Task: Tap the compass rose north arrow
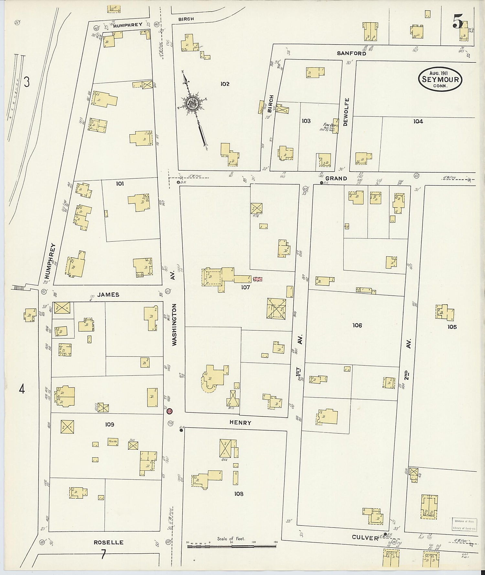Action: [x=192, y=104]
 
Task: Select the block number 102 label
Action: [x=225, y=84]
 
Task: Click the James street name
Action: [x=109, y=295]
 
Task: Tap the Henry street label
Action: [x=240, y=422]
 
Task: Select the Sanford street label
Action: [x=351, y=53]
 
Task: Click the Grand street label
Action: [x=336, y=178]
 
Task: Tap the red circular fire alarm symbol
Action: [x=169, y=411]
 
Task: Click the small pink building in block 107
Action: [x=258, y=279]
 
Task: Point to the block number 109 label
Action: [x=110, y=424]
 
